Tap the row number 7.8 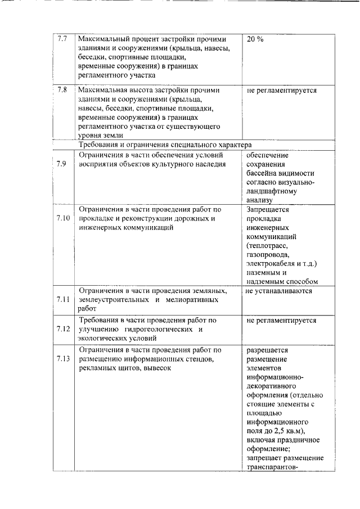click(x=62, y=90)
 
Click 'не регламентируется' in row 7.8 click(x=281, y=90)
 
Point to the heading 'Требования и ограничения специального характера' click(x=165, y=145)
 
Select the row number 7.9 click(x=63, y=164)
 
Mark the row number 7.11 click(x=64, y=299)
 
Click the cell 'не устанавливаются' click(x=278, y=291)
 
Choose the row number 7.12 click(x=64, y=329)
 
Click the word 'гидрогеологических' click(x=158, y=329)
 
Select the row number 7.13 click(x=64, y=358)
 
